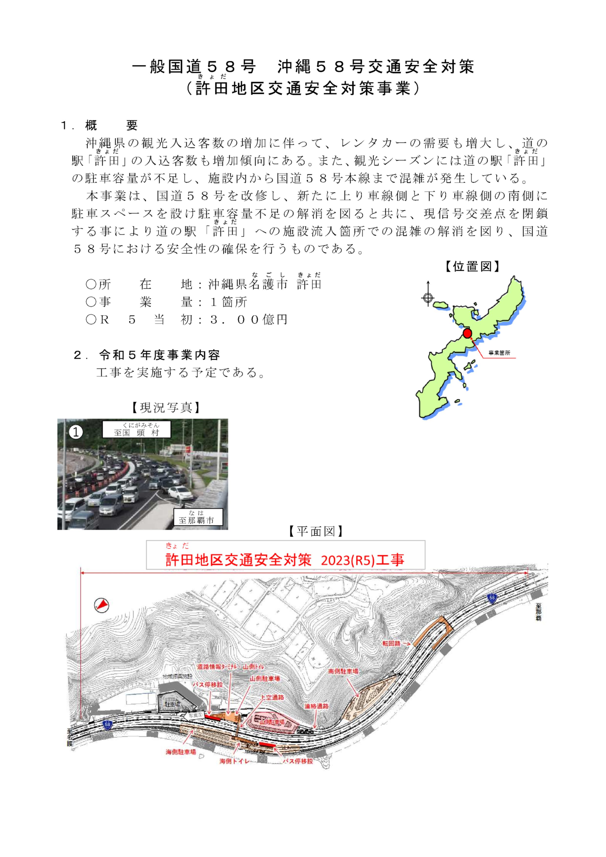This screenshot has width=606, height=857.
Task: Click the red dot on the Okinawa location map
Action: click(467, 333)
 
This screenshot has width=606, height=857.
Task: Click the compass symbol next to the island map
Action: click(428, 298)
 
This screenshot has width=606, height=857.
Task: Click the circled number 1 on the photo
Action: click(76, 432)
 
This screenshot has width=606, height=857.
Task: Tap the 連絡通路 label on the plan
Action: click(316, 706)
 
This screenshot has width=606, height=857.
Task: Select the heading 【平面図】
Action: click(315, 531)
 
